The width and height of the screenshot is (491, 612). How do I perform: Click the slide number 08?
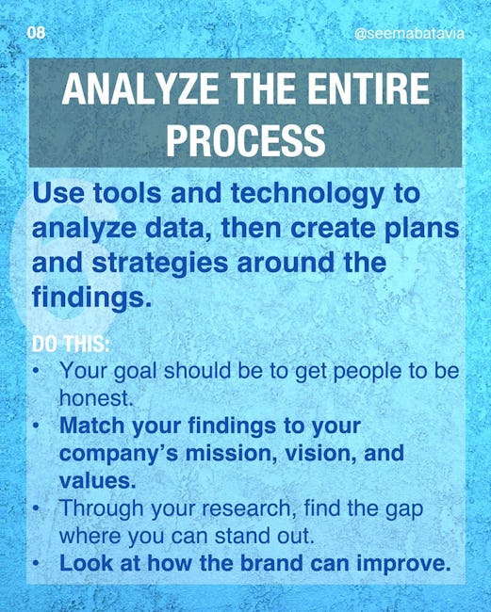point(36,33)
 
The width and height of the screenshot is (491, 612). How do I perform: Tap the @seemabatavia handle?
point(409,34)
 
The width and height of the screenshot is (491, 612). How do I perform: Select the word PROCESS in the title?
point(246,139)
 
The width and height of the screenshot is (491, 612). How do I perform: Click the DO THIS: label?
point(71,345)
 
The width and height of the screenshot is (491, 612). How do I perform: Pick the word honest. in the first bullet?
point(93,397)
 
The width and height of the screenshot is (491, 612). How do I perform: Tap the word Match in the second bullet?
point(91,426)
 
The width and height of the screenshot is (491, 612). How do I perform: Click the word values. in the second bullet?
point(98,480)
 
